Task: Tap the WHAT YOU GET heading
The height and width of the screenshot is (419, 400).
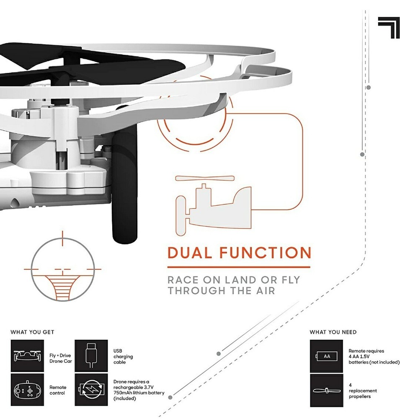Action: tap(32, 332)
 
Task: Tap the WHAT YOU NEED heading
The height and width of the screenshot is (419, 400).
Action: tap(333, 332)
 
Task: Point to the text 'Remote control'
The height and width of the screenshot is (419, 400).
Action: tap(58, 390)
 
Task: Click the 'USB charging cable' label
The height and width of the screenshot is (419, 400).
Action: tap(123, 357)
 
